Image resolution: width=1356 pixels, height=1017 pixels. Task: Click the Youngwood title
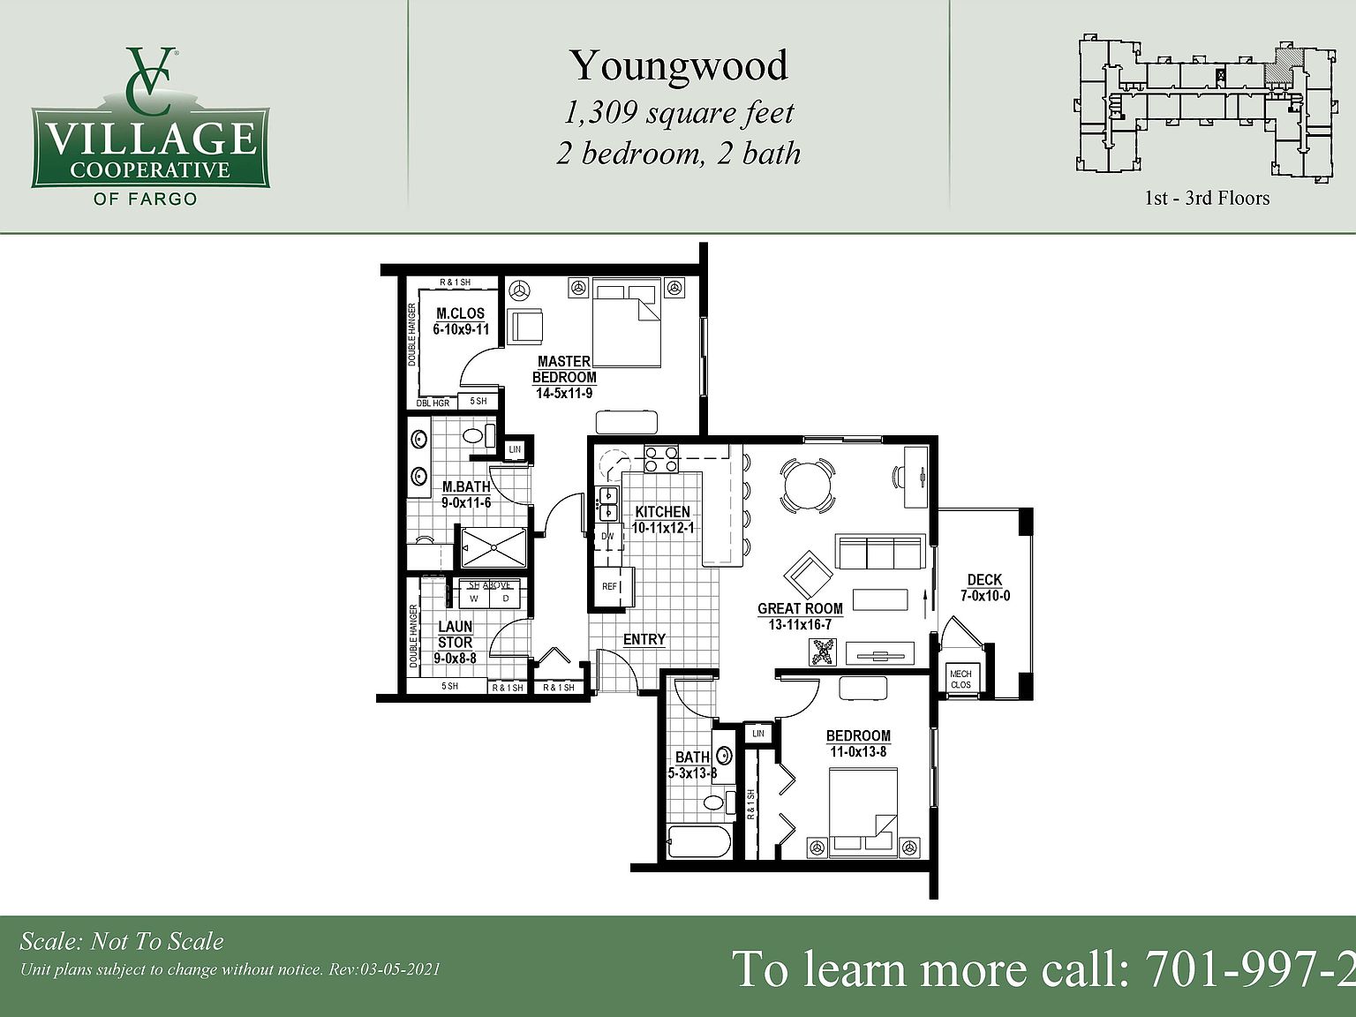coord(678,65)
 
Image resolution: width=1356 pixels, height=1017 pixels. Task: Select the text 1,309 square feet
coord(678,113)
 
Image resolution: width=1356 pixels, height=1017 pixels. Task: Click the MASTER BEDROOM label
coord(564,369)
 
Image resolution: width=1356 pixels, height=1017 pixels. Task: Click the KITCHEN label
coord(662,512)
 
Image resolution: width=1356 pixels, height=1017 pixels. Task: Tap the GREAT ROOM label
coord(800,608)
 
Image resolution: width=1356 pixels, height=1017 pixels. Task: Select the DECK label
coord(984,580)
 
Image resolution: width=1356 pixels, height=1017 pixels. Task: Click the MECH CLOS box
coord(960,679)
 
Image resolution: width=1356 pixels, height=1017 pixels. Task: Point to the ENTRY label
coord(644,639)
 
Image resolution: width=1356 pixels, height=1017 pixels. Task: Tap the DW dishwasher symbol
coord(607,536)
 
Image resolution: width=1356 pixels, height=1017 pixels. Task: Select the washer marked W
coord(474,598)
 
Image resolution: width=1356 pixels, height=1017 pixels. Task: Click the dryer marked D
coord(506,598)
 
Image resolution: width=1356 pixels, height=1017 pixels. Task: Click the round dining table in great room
coord(808,484)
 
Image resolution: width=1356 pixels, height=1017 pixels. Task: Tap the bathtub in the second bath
coord(698,843)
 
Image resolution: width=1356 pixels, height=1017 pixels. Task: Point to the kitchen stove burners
coord(661,459)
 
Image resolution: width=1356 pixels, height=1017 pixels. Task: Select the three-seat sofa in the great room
coord(880,554)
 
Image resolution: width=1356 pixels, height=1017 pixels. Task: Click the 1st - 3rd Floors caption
coord(1207,198)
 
